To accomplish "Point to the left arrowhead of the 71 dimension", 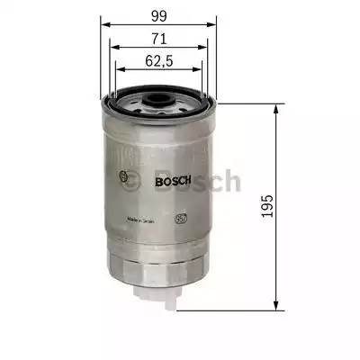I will (x=111, y=49).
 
